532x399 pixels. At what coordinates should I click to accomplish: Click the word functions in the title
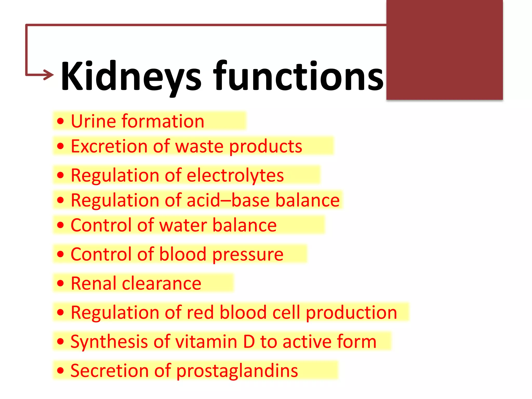coord(298,76)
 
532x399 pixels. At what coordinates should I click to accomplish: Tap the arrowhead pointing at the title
coord(49,75)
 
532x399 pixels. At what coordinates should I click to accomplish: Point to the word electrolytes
coord(235,175)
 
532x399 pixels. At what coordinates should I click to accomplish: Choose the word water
coord(183,225)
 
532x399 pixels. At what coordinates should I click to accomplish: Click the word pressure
coord(248,254)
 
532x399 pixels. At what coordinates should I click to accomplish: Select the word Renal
coord(93,283)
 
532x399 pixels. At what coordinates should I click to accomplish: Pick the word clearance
coord(162,283)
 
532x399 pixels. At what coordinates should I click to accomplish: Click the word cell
coord(286,312)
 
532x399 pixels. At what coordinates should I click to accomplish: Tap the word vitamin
coord(206,341)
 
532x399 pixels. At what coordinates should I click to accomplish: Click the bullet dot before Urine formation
coord(60,121)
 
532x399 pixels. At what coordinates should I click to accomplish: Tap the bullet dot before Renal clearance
coord(60,283)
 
